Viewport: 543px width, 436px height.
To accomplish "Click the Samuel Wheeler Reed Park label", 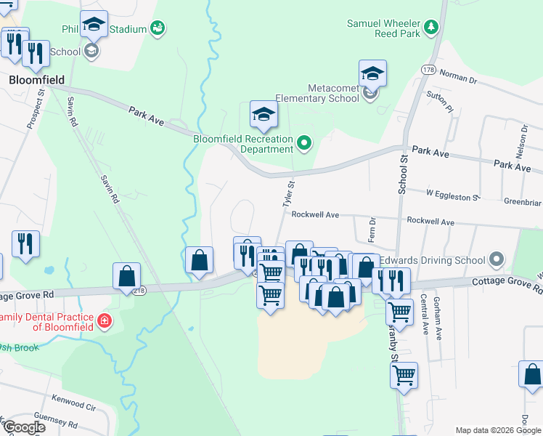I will [384, 28].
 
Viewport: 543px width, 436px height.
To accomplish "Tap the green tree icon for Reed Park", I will [432, 27].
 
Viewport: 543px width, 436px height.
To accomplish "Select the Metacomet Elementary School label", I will [333, 93].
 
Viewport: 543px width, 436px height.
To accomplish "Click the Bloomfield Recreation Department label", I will [242, 144].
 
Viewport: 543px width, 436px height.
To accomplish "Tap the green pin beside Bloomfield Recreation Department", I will [305, 144].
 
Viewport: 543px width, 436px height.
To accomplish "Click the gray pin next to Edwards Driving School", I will [497, 259].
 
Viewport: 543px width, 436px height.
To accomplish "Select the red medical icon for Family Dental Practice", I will [105, 320].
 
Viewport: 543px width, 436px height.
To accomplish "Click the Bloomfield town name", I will [37, 79].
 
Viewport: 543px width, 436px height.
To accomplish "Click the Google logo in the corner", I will [23, 427].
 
